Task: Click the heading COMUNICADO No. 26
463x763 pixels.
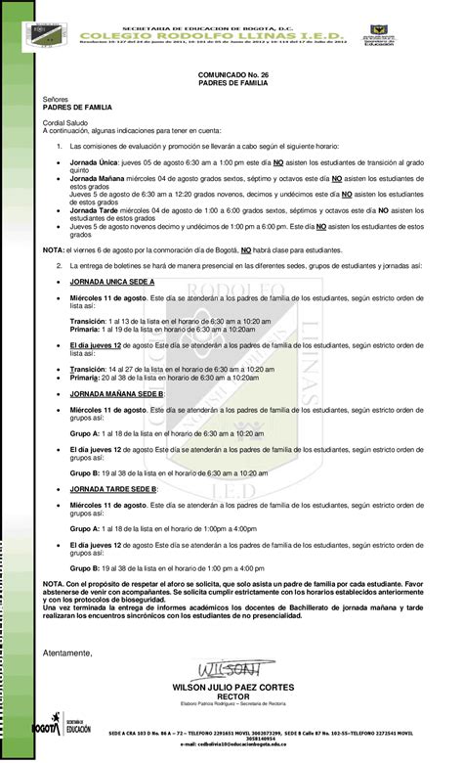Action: pos(231,75)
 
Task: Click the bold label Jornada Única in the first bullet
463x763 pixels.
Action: pos(93,159)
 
